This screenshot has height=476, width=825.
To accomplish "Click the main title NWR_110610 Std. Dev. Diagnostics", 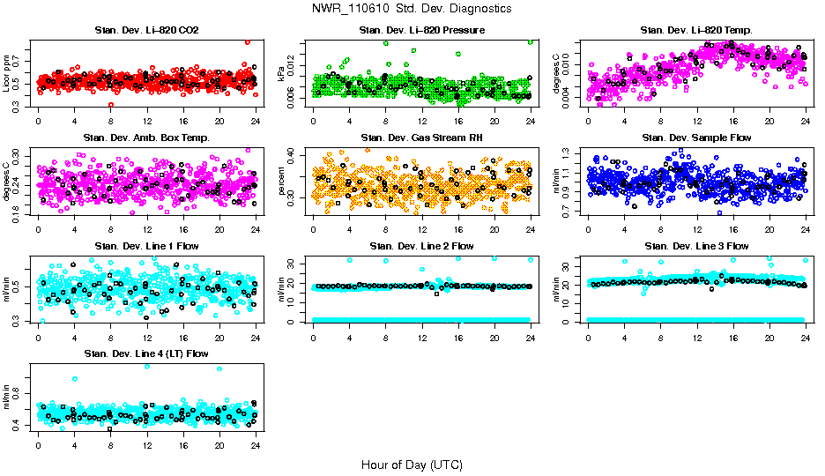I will (411, 8).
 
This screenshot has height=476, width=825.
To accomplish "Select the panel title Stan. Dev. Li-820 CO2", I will (146, 31).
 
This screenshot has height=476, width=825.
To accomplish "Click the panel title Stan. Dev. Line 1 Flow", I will (146, 246).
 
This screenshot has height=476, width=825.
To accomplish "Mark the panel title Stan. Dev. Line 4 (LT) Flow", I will (146, 353).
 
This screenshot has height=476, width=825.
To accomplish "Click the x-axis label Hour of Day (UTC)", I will (411, 465).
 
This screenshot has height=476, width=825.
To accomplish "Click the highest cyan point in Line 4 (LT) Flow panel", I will (146, 366).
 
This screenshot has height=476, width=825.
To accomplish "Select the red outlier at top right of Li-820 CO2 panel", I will (248, 42).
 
